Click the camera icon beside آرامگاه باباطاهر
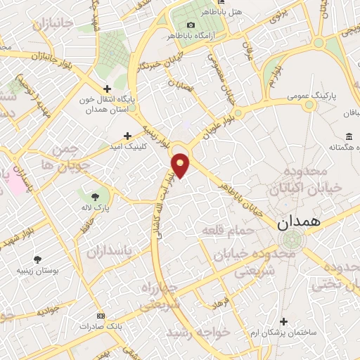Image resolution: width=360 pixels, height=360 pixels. point(172,25)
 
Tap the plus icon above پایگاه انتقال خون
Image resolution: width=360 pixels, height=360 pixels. point(107,89)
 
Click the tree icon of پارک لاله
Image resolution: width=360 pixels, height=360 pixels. point(96,195)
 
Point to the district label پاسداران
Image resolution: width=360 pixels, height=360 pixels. point(110,250)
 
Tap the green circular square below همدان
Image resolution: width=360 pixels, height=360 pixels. point(288,242)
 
